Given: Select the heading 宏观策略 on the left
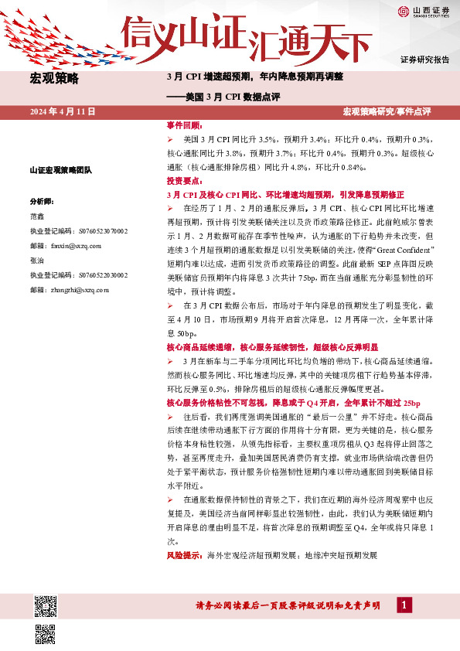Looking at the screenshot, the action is [54, 78].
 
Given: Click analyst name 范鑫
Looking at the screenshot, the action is [38, 216].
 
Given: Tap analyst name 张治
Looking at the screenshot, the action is [38, 261].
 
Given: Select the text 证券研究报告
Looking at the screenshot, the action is [424, 60].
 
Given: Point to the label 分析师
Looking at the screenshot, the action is [42, 200].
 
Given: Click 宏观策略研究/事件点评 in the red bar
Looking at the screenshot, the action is [387, 112].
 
